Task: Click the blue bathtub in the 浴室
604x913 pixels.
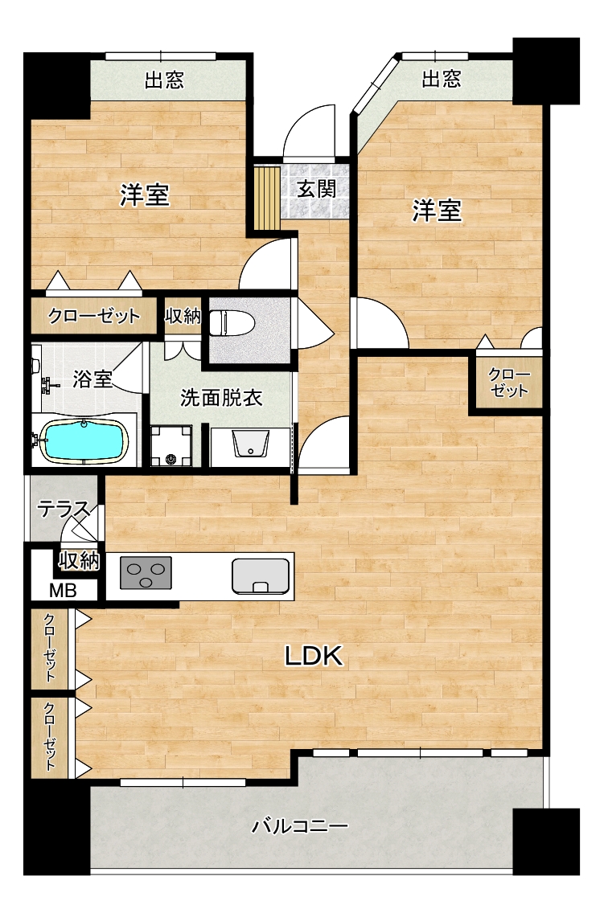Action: point(84,440)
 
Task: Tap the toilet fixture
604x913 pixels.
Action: point(232,323)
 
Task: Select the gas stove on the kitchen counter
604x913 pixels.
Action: point(146,572)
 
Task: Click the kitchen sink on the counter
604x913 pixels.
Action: point(261,576)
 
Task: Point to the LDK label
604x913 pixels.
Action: point(314,656)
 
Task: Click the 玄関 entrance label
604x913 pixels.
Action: point(316,189)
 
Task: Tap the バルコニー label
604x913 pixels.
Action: point(300,825)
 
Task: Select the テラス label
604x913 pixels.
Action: point(64,510)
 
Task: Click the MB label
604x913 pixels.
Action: point(63,591)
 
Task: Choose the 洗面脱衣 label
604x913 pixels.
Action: point(221,399)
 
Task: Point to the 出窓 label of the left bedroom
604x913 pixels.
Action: point(164,80)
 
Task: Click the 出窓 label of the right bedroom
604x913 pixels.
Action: point(441,79)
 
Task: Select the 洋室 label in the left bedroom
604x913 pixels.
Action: point(145,194)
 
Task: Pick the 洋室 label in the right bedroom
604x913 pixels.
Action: point(437,211)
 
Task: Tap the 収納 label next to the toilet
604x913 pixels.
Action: point(183,316)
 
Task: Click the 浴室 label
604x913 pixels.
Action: point(92,379)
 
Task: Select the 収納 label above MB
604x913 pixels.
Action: point(79,561)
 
